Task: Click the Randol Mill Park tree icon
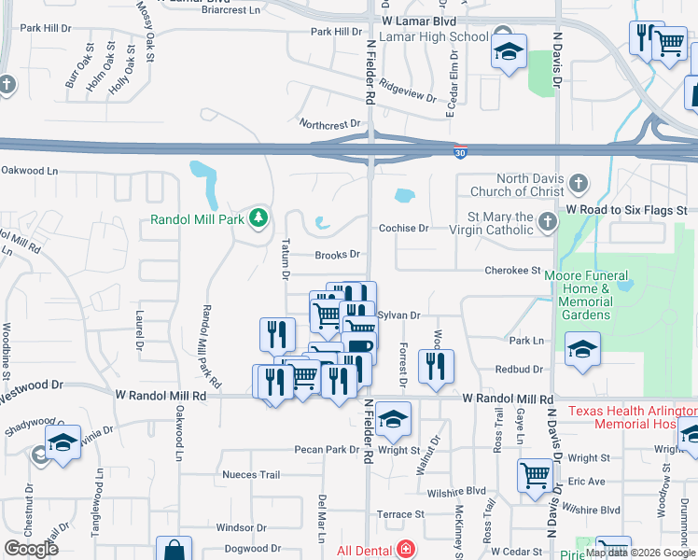point(258,220)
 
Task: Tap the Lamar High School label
point(442,37)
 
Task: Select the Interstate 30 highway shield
point(459,151)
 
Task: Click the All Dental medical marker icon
point(406,549)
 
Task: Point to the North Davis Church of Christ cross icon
point(579,182)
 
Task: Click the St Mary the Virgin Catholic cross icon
point(547,221)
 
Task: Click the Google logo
point(32,549)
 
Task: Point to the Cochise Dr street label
point(403,228)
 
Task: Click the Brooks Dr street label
point(337,254)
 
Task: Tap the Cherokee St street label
point(512,271)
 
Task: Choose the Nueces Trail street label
point(251,474)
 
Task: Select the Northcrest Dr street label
point(329,124)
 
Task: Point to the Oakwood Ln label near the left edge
point(29,171)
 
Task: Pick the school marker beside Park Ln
point(583,350)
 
